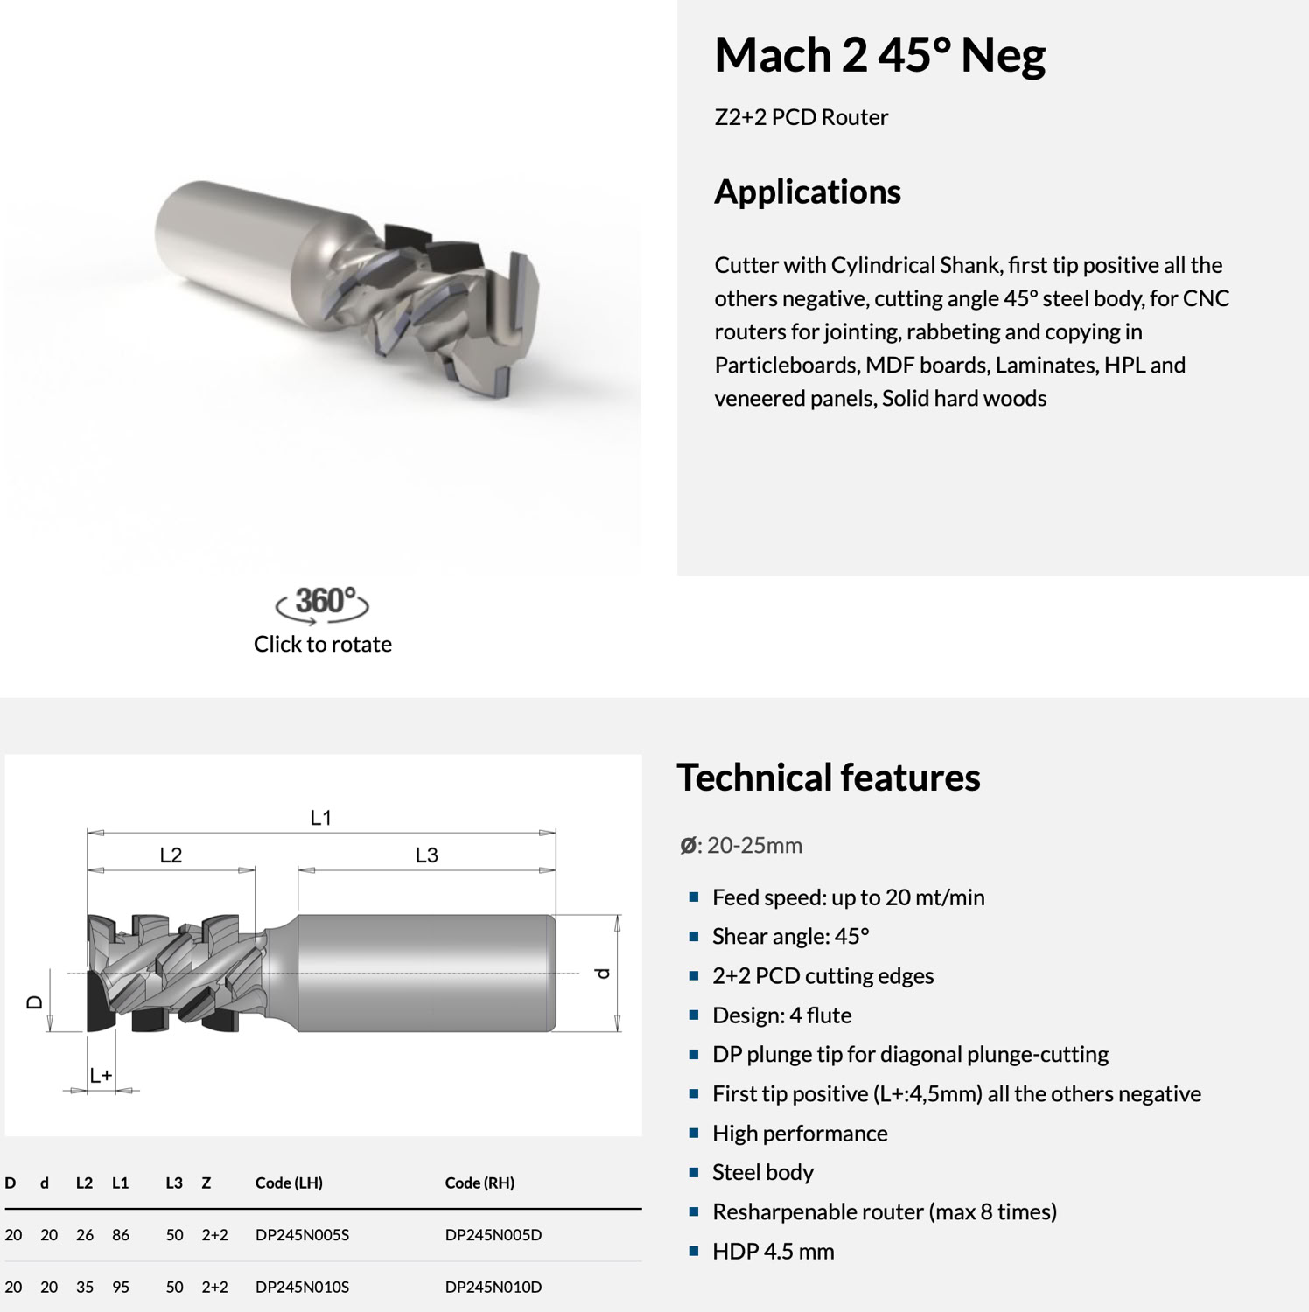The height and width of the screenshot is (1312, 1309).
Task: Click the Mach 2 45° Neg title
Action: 879,55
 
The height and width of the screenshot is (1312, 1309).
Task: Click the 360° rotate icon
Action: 323,604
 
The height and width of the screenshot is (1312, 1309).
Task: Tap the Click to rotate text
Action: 323,645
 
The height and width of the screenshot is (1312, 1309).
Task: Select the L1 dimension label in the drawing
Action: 321,818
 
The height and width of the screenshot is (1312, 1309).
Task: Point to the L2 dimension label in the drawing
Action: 171,855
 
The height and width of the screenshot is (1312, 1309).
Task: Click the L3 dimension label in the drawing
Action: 426,855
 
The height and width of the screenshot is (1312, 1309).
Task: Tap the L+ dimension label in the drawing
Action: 101,1075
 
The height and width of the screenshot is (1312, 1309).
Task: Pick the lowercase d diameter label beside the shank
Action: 602,973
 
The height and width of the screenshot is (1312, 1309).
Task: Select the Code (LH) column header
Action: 289,1183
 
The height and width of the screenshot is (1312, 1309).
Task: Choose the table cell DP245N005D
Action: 493,1235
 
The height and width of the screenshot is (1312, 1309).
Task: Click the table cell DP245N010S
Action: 302,1287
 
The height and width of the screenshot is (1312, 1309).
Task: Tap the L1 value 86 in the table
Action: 121,1235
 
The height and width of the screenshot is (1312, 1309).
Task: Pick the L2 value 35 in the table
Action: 85,1287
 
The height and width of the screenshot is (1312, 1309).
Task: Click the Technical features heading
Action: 828,778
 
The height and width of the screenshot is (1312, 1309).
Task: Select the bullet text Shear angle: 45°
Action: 790,937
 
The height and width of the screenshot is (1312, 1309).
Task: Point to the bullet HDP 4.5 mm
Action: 773,1252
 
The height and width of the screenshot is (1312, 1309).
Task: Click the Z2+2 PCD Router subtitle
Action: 801,117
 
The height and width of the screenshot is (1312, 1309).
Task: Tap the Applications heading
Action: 807,192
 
